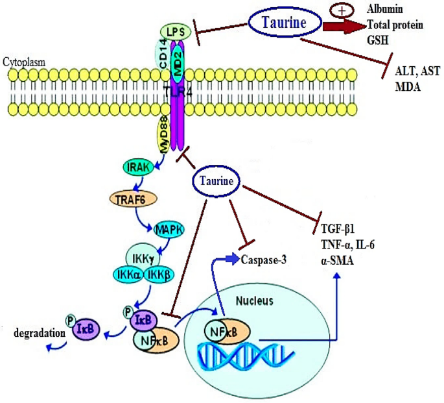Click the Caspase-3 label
[x=264, y=260]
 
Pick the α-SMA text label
[x=337, y=256]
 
